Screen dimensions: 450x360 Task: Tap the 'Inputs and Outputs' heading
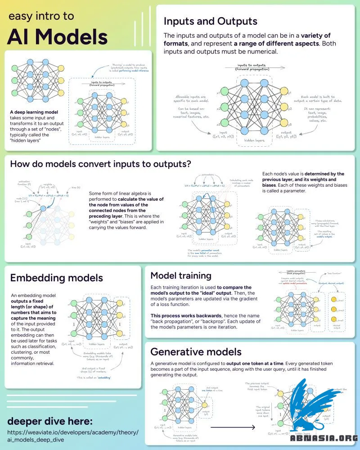(210, 21)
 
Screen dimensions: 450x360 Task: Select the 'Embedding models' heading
(57, 278)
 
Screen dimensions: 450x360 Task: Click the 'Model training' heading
(181, 275)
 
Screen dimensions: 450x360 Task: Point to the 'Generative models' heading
(196, 351)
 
